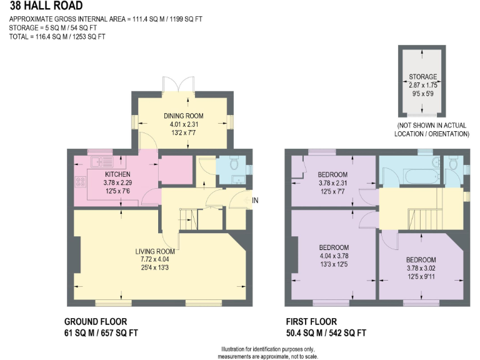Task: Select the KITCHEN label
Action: tap(117, 174)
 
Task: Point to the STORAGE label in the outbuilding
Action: tap(422, 77)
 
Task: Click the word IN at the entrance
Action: tap(255, 199)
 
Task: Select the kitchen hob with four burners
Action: tap(81, 182)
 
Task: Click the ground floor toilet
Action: tap(233, 164)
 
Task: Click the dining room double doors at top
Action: tap(179, 84)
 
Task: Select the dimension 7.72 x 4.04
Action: tap(159, 261)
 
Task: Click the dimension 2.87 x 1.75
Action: tap(422, 86)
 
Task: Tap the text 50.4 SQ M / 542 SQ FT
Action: tap(325, 332)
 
